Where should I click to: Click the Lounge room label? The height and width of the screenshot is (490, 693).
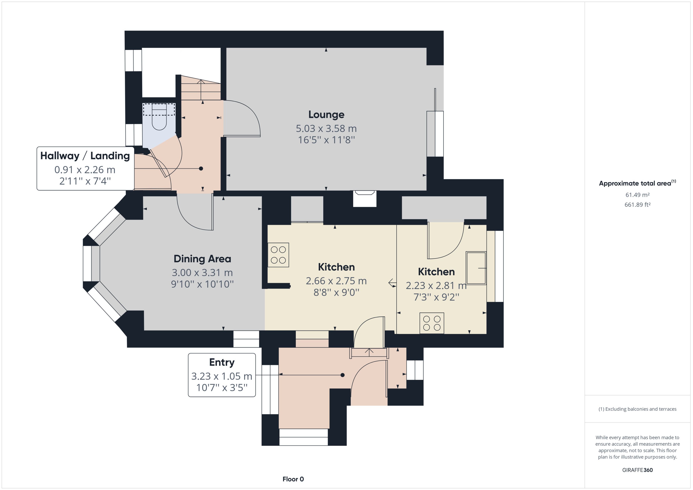coord(326,115)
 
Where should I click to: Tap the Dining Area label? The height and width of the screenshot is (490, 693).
coord(202,259)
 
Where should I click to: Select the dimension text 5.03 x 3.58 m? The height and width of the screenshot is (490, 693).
coord(326,129)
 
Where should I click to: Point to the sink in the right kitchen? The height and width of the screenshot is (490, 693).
coord(476,268)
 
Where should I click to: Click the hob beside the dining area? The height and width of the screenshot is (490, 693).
coord(278,255)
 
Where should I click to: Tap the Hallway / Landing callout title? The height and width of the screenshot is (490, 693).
coord(85,156)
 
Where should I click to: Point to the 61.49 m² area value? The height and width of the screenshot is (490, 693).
coord(637,195)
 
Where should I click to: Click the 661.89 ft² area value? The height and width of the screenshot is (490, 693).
coord(637,205)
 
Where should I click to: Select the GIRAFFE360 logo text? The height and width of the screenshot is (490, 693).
coord(637,470)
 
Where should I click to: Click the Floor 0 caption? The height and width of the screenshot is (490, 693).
coord(293,479)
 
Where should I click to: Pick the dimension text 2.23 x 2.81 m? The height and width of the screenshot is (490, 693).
coord(436,285)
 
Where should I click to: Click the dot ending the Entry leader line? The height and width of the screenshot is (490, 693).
coord(342,375)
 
